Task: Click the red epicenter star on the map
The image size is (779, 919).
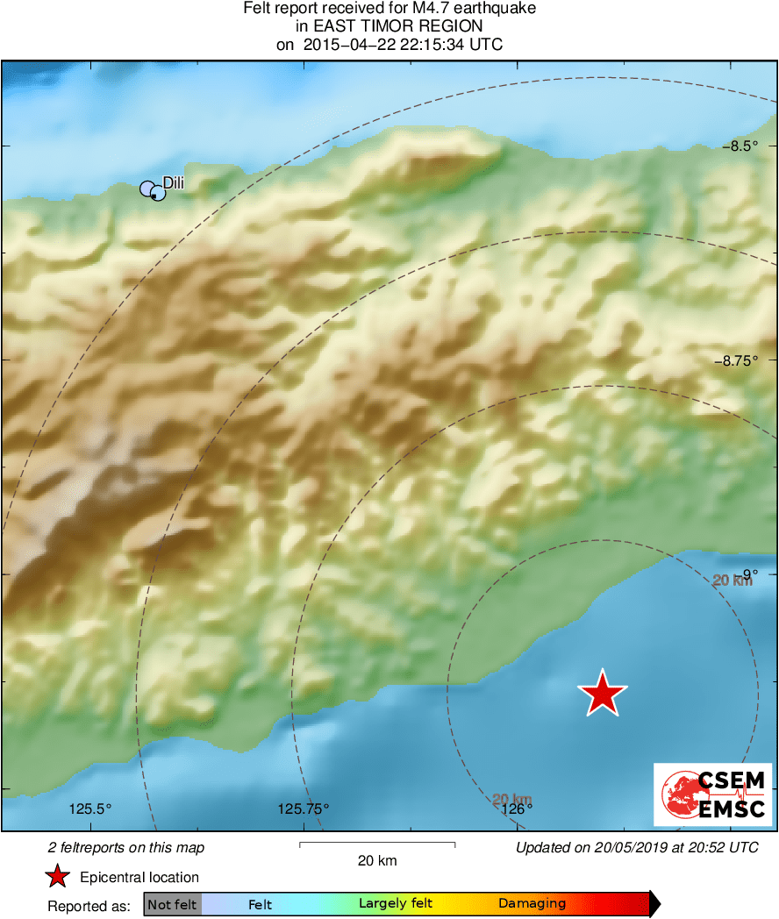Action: [603, 694]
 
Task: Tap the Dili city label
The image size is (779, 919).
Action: [174, 182]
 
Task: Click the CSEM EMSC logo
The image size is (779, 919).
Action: [713, 794]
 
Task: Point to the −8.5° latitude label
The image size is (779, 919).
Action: [740, 146]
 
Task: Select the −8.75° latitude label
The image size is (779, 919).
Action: [735, 360]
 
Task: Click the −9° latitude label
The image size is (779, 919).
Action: [744, 574]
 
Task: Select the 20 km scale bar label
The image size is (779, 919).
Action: [377, 860]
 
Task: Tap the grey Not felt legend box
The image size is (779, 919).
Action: [172, 904]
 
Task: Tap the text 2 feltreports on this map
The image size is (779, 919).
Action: [126, 847]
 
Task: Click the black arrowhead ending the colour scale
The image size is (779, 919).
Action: [654, 904]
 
